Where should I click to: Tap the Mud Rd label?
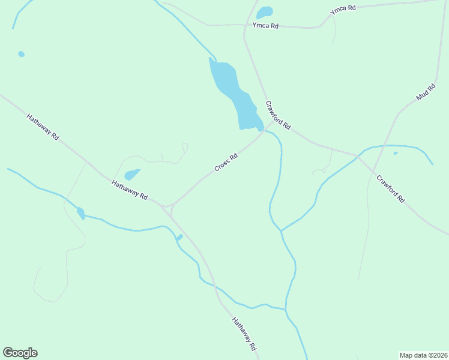click(426, 92)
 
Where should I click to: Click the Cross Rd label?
click(226, 163)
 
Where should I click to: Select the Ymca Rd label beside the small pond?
click(265, 26)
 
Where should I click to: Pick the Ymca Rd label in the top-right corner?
click(343, 10)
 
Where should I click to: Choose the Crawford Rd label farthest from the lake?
click(390, 188)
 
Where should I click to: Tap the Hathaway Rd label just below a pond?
click(130, 188)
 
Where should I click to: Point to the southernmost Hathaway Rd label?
click(244, 334)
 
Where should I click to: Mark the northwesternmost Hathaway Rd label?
click(43, 127)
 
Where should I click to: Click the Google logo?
click(20, 353)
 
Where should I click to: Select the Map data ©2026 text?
click(423, 355)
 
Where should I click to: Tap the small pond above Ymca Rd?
click(264, 13)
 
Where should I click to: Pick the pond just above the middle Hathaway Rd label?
click(131, 175)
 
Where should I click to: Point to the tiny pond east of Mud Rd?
click(395, 154)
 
